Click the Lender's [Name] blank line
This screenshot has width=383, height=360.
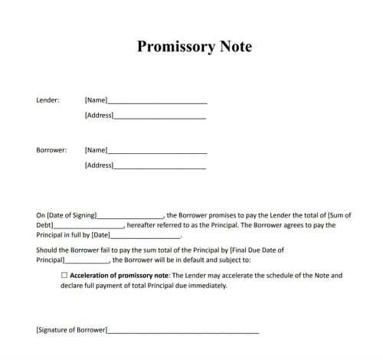coord(157,102)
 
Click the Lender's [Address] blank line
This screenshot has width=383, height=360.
coord(160,117)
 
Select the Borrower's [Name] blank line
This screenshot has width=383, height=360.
coord(157,152)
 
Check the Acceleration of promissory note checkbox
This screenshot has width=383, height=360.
coord(64,275)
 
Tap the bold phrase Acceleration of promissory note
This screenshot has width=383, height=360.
coord(118,275)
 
